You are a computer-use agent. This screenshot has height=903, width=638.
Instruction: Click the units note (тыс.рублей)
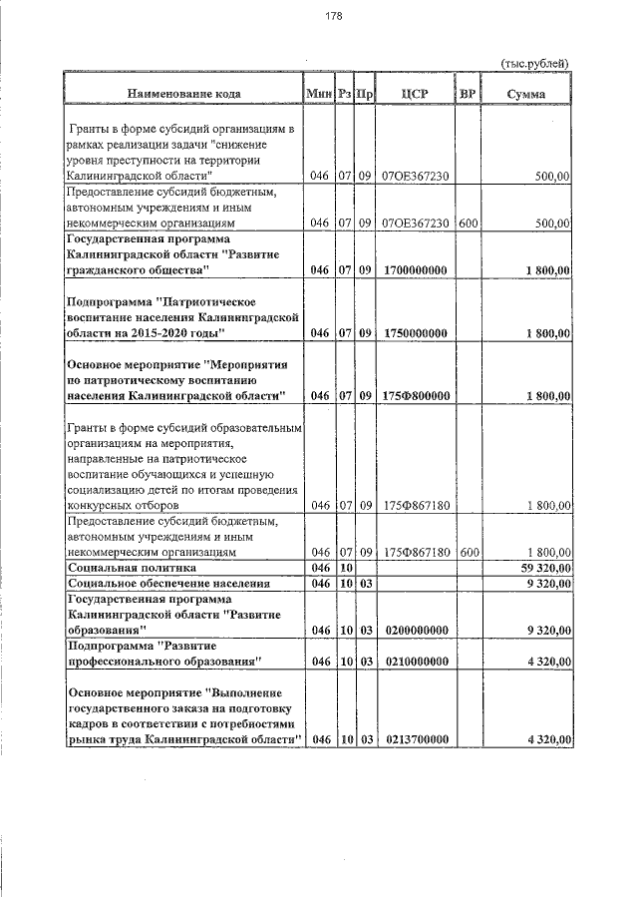[x=535, y=64]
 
